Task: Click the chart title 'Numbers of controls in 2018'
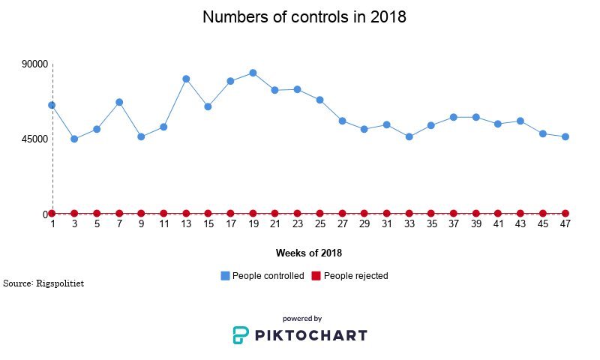pyautogui.click(x=304, y=17)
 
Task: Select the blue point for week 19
pyautogui.click(x=253, y=73)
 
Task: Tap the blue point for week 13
pyautogui.click(x=186, y=79)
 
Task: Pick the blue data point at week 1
pyautogui.click(x=52, y=105)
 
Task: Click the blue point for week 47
pyautogui.click(x=565, y=136)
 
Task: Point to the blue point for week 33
pyautogui.click(x=409, y=136)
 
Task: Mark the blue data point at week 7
pyautogui.click(x=119, y=102)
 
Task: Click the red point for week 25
pyautogui.click(x=319, y=214)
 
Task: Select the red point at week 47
pyautogui.click(x=565, y=214)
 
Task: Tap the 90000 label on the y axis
pyautogui.click(x=35, y=64)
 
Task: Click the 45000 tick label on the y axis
pyautogui.click(x=35, y=139)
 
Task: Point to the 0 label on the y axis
pyautogui.click(x=44, y=214)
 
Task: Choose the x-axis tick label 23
pyautogui.click(x=297, y=224)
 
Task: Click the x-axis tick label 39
pyautogui.click(x=475, y=224)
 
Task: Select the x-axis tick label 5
pyautogui.click(x=97, y=224)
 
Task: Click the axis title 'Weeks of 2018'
pyautogui.click(x=309, y=253)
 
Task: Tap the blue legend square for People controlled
pyautogui.click(x=226, y=276)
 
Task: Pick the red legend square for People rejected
pyautogui.click(x=316, y=276)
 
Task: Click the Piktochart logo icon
pyautogui.click(x=240, y=335)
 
